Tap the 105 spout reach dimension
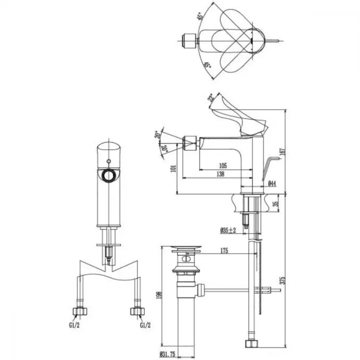(223, 165)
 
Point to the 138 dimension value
(220, 174)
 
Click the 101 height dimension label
(174, 168)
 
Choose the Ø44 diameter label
(272, 184)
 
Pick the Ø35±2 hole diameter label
(228, 230)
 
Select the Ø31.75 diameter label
(167, 355)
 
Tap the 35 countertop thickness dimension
(276, 203)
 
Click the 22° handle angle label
(211, 98)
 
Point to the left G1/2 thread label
(75, 325)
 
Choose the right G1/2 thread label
(145, 325)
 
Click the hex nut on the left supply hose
(80, 311)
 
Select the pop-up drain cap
(186, 248)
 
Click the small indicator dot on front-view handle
(109, 161)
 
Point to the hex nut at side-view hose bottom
(252, 343)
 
